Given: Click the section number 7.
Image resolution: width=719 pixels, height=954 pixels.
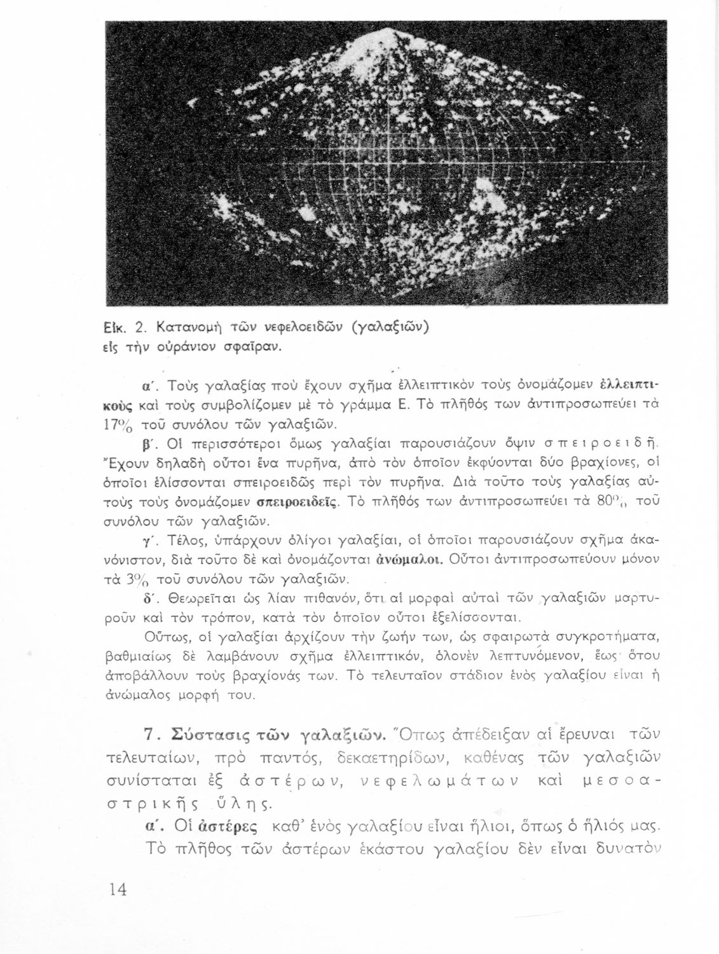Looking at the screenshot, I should click(150, 736).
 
